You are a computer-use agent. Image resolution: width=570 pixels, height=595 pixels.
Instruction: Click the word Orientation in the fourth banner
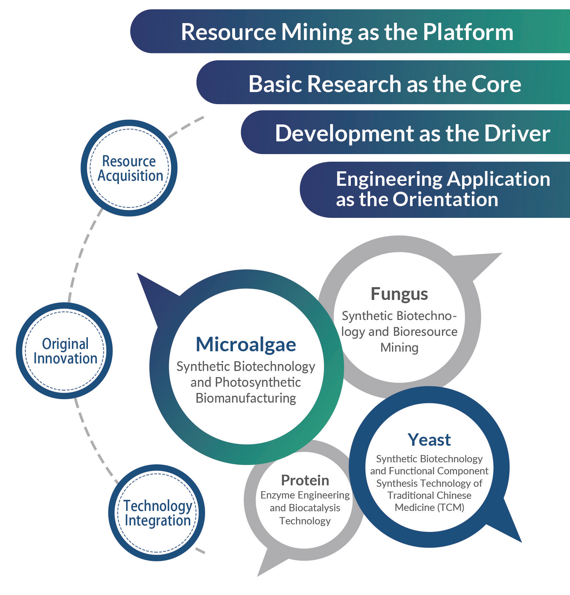tap(446, 199)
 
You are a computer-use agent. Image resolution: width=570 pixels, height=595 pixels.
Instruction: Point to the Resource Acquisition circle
tap(129, 168)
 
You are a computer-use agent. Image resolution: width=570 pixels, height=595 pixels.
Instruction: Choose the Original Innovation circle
tap(65, 351)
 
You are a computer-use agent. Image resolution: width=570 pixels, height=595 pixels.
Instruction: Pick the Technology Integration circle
tap(157, 513)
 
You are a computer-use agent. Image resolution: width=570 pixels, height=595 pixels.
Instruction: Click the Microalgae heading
tap(246, 344)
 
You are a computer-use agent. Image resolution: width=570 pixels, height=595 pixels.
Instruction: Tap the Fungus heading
tap(399, 294)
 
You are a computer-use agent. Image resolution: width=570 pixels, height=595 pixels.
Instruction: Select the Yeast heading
tap(429, 440)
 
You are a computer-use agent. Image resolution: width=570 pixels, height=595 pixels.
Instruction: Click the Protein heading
tap(305, 480)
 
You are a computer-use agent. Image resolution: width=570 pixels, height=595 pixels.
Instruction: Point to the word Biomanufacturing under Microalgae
tap(246, 398)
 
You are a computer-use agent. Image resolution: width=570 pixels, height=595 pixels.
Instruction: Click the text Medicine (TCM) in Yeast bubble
tap(429, 507)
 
